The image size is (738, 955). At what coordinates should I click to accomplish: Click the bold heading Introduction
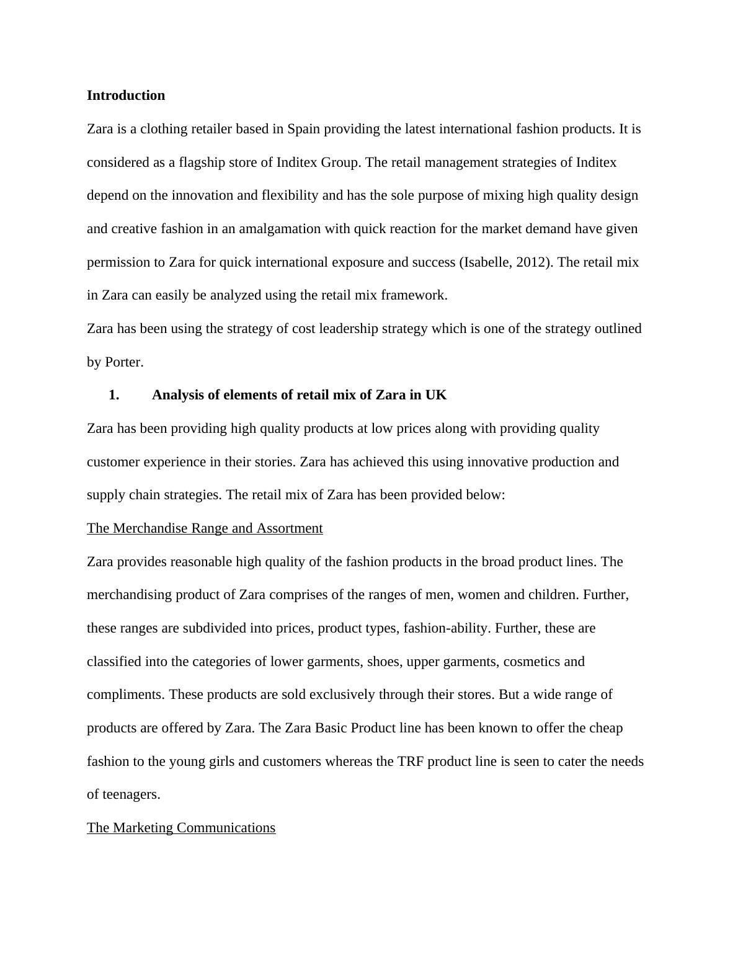pos(126,95)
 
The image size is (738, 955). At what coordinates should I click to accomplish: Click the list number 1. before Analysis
pos(113,395)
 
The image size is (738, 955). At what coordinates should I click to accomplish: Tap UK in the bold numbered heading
pos(436,395)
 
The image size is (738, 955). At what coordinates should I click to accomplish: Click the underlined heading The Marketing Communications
pos(181,828)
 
